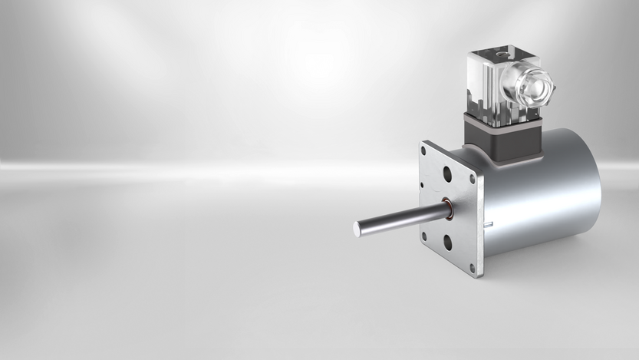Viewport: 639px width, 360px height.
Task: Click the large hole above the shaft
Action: [446, 175]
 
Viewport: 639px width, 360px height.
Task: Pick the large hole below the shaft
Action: [447, 243]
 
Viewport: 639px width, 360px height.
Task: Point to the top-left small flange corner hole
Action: [423, 150]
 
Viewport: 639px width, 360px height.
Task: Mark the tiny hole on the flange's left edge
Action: [421, 186]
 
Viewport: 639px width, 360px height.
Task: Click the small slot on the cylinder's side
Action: [487, 223]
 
